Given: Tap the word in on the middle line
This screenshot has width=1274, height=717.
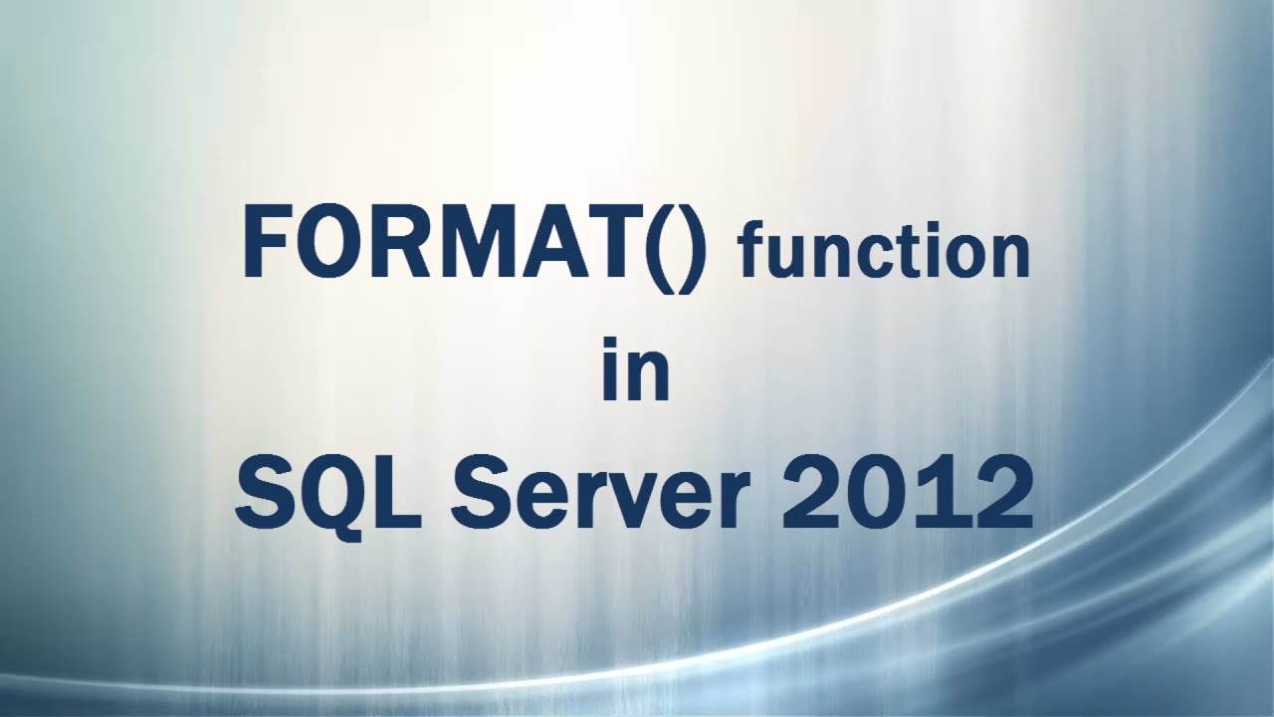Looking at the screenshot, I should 636,370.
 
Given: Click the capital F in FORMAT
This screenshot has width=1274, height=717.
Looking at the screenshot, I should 268,243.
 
